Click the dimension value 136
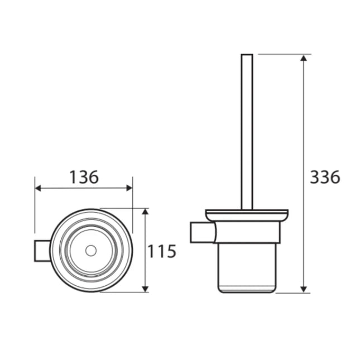coord(84,177)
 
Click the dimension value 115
coord(162,251)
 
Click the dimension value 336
coord(325,177)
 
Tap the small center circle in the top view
coord(90,251)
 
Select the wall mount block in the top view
coord(42,251)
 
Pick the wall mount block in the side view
coord(201,232)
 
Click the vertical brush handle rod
coord(247,134)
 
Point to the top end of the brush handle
coord(247,55)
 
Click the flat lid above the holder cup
coord(247,214)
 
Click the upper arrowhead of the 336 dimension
coord(304,58)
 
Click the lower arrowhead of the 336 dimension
coord(304,289)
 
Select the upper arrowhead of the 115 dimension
coord(145,213)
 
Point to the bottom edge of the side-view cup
coord(247,292)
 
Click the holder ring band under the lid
coord(247,232)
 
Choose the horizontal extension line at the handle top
coord(279,54)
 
